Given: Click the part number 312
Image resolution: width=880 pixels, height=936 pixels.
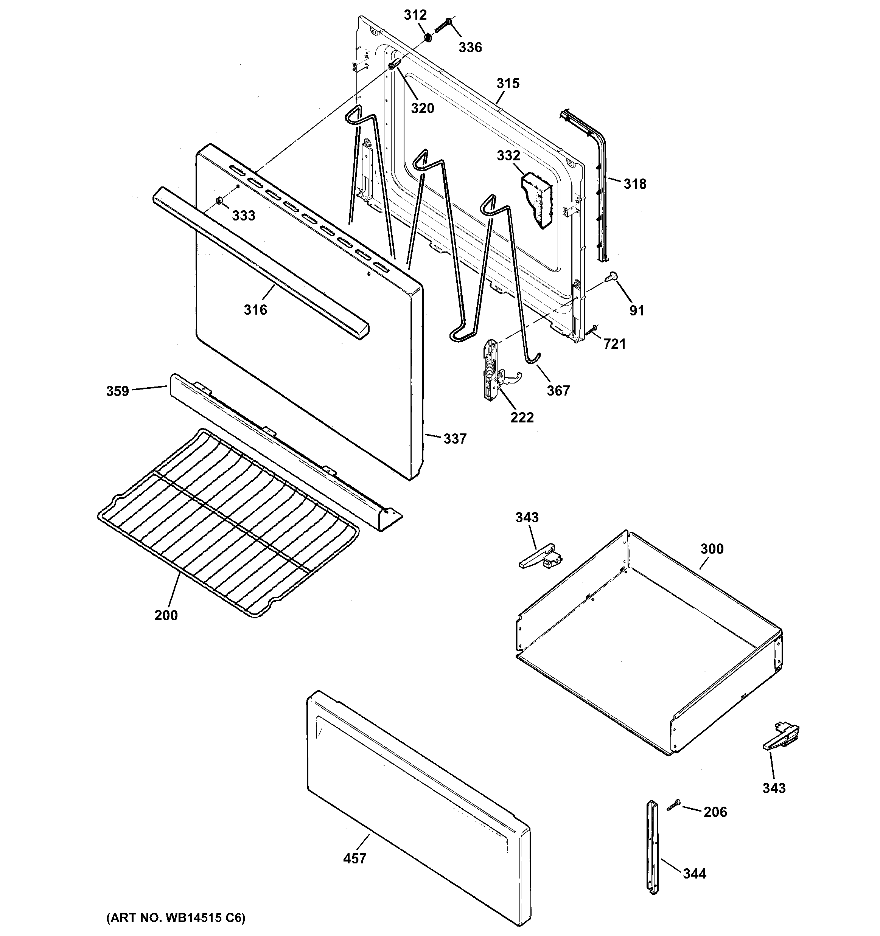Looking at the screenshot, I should click(415, 15).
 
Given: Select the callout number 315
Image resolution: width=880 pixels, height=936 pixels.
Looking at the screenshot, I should click(508, 83).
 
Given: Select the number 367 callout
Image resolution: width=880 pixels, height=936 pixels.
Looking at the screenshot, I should click(558, 390).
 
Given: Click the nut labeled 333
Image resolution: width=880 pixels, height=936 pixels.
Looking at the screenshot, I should click(219, 202).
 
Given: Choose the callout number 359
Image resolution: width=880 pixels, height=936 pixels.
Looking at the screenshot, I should click(117, 391).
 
